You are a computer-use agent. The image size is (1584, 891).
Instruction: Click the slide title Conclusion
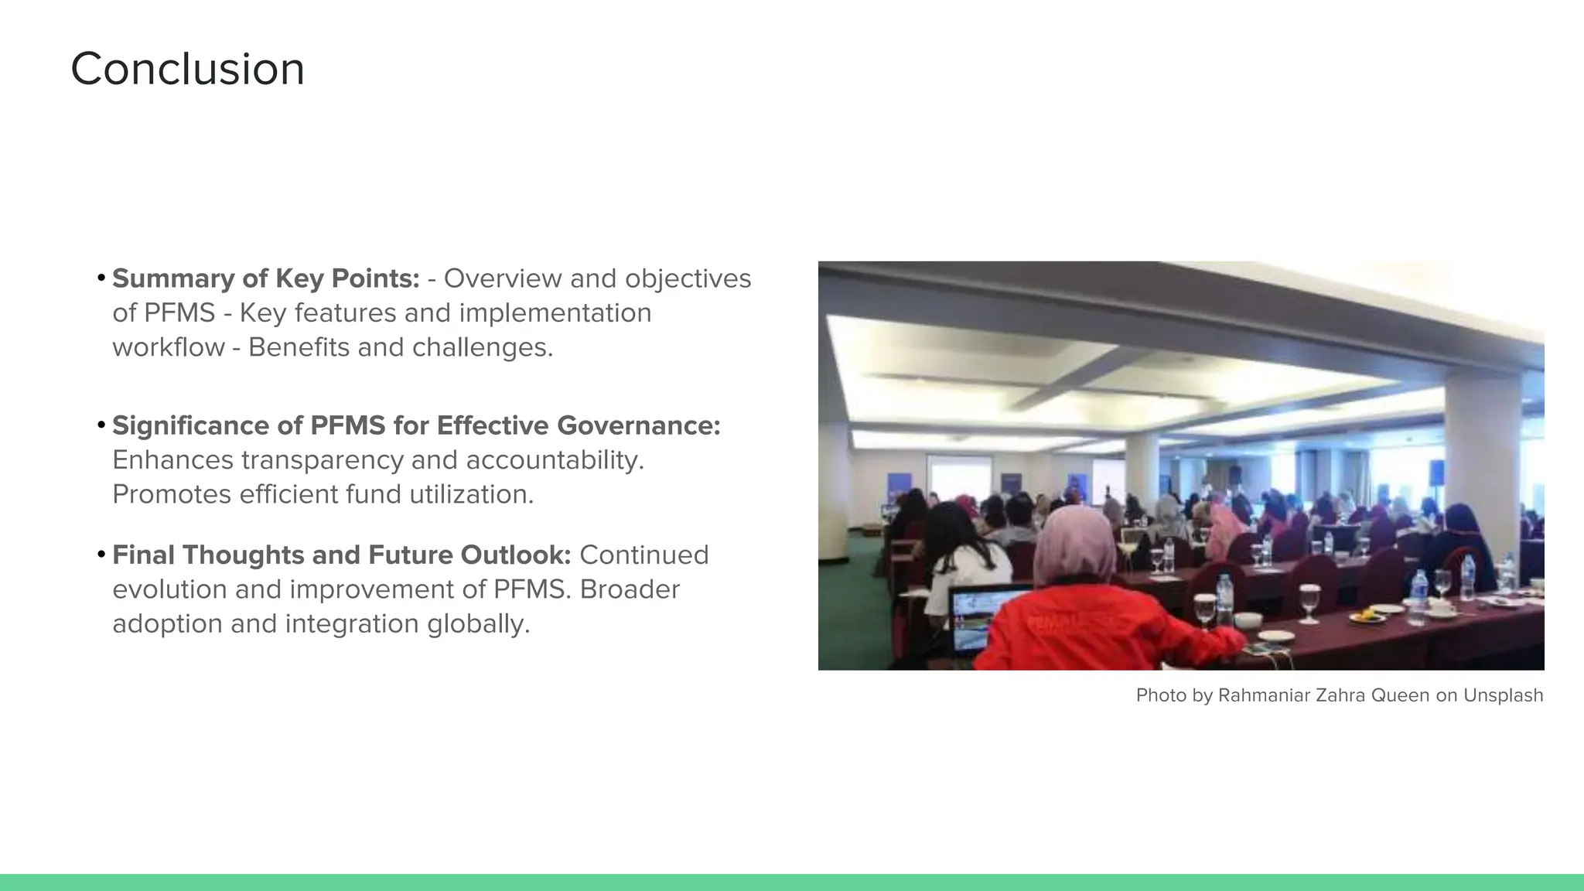pos(187,69)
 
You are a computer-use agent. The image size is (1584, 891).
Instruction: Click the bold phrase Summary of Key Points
pos(265,278)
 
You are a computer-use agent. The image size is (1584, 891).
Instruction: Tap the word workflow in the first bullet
pos(168,347)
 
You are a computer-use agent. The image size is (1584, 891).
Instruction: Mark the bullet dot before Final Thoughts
pos(101,554)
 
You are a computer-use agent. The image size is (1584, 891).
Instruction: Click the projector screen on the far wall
pos(959,479)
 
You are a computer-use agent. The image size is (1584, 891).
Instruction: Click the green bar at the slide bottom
pos(792,882)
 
